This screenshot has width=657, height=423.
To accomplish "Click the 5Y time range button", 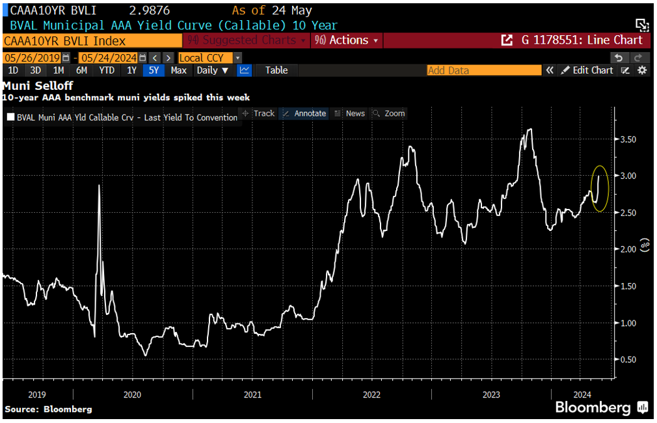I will [153, 70].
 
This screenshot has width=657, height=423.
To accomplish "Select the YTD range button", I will [107, 70].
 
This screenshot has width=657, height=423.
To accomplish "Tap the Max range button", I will [178, 70].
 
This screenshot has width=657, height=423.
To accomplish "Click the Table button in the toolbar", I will [276, 70].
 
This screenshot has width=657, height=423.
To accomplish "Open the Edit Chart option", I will [587, 70].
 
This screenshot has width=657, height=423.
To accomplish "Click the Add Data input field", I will [483, 70].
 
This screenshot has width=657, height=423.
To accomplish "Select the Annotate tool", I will [304, 113].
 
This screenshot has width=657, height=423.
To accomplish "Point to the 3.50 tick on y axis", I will [627, 139].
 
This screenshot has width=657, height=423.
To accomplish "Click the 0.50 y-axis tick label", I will [627, 360].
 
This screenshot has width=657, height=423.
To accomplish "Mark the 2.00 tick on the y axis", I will [627, 249].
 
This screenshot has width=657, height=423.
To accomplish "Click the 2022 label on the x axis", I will [371, 394].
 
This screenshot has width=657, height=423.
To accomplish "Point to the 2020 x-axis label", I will [132, 394].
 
